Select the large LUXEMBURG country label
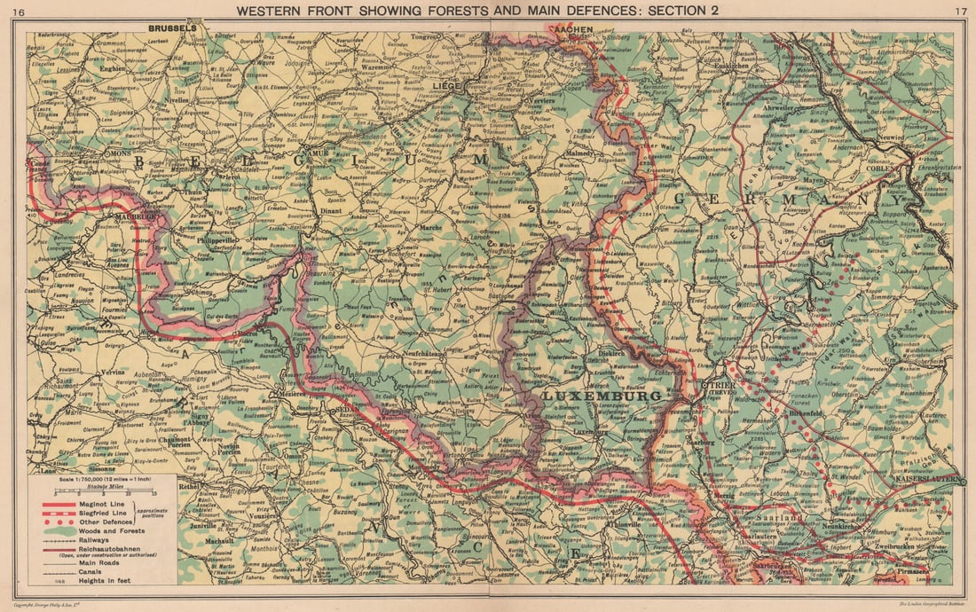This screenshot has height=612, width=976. coord(602,395)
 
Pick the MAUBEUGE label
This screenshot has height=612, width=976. coord(134,215)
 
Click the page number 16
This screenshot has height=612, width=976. coord(20,11)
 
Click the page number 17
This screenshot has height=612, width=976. coord(956,11)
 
